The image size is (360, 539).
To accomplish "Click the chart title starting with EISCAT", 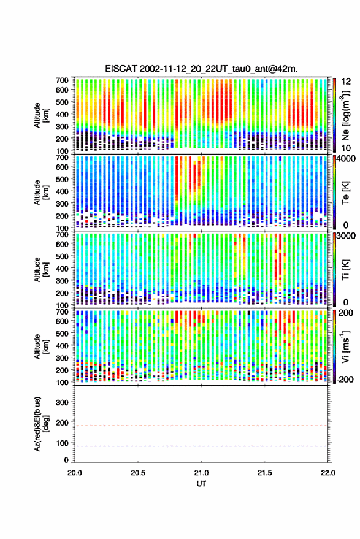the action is [x=201, y=69].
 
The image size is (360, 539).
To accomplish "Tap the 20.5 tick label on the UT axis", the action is [x=138, y=473].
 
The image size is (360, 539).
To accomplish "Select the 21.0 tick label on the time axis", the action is [x=201, y=473].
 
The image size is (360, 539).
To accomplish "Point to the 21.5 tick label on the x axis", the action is [x=264, y=473].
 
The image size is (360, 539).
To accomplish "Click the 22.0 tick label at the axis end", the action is [x=327, y=473].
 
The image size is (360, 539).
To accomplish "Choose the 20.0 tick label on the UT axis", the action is [x=75, y=473].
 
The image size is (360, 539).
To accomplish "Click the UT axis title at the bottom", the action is [x=201, y=484].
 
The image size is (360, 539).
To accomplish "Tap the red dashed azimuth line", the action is [x=201, y=426].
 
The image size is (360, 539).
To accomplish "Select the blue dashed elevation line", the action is [x=201, y=446].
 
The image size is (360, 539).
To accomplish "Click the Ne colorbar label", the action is [x=346, y=115].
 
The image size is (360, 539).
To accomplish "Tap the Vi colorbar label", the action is [x=346, y=347].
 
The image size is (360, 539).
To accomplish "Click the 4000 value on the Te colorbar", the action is [x=347, y=159].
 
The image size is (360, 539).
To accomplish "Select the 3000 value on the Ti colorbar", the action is [x=347, y=236].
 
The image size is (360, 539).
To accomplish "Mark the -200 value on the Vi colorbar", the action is [x=345, y=380].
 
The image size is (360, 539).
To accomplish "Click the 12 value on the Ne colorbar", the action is [x=346, y=82].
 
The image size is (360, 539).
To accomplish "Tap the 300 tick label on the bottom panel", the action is [x=62, y=402].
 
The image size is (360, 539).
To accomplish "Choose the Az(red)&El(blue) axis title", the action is [x=41, y=424].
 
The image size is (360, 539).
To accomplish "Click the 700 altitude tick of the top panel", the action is [x=62, y=80].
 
